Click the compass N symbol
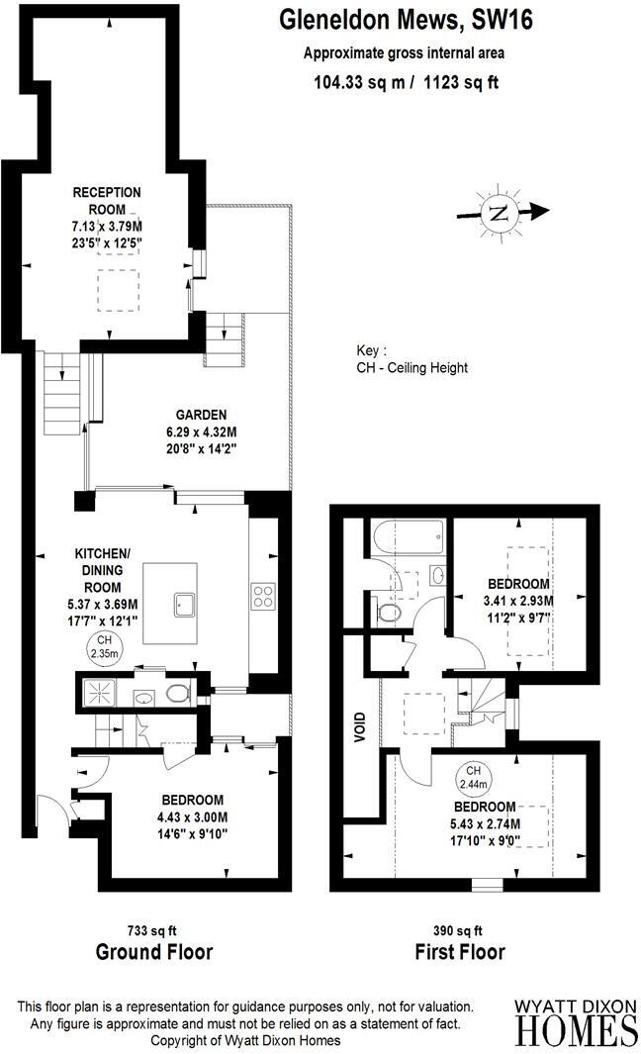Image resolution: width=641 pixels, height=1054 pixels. tap(500, 212)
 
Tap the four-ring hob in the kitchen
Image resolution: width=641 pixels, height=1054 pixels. tap(264, 596)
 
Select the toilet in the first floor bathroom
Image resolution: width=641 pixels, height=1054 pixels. tap(390, 615)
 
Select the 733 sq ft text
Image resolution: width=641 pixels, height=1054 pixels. tap(153, 930)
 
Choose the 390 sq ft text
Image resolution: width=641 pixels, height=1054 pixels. tap(459, 930)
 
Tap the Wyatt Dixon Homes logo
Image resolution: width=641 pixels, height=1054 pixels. tap(576, 1021)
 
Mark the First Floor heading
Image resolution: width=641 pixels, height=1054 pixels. tap(459, 952)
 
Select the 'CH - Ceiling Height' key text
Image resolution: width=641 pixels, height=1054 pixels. tap(412, 367)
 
